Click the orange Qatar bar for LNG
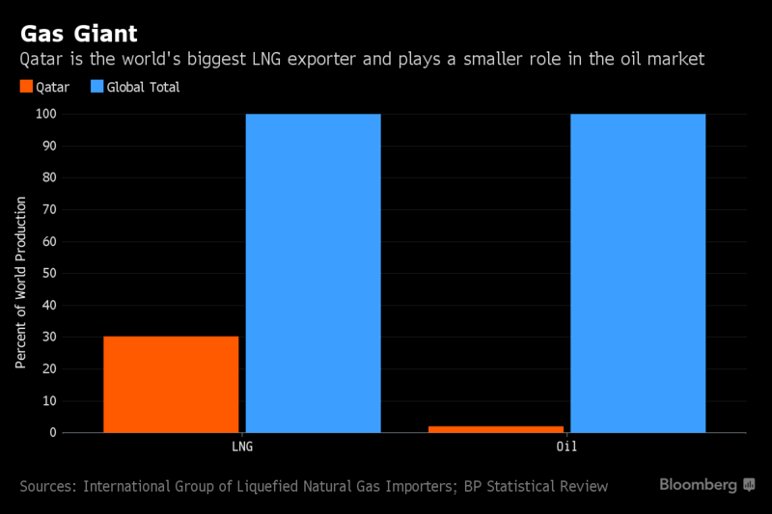[x=171, y=385]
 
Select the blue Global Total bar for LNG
[x=313, y=274]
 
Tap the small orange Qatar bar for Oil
[x=496, y=429]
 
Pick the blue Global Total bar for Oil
[x=638, y=274]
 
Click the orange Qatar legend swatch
[x=26, y=87]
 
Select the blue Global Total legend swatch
[x=97, y=87]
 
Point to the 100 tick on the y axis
[x=45, y=114]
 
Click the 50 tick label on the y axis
[x=49, y=274]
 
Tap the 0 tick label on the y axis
[x=53, y=433]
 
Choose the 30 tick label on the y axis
[x=49, y=337]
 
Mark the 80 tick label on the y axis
[x=49, y=177]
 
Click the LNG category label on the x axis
[x=242, y=446]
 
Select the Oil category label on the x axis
[x=566, y=446]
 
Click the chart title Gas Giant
[x=79, y=34]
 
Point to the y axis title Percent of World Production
[x=20, y=283]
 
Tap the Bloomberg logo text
[x=698, y=485]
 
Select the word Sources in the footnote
[x=48, y=486]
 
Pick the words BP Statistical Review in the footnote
[x=537, y=486]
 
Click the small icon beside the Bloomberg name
[x=749, y=485]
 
